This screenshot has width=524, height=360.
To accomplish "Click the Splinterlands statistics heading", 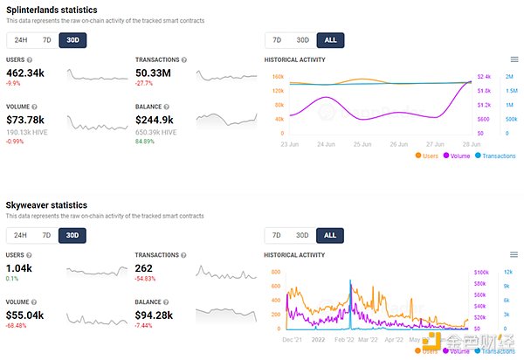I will click(52, 9).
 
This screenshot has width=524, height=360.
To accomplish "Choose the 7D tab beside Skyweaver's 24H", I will click(45, 236).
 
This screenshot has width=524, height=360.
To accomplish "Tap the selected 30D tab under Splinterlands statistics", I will click(72, 39).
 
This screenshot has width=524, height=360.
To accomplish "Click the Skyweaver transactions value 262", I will click(146, 270).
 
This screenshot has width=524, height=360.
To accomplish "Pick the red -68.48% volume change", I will click(17, 326).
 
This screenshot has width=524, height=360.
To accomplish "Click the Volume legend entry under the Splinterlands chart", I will click(458, 156).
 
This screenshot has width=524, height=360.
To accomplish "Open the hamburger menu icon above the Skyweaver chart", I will click(514, 255).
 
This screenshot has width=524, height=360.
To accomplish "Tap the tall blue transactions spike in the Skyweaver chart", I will click(349, 297).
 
